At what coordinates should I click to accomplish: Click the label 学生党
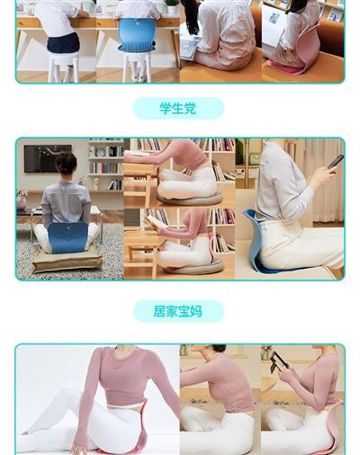[x=177, y=108]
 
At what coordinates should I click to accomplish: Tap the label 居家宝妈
[x=177, y=311]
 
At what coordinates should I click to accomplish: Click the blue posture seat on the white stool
[x=137, y=35]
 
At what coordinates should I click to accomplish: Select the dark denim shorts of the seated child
[x=63, y=42]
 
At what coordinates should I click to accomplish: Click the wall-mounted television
[x=48, y=158]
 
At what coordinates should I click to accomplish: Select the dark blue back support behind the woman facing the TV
[x=67, y=237]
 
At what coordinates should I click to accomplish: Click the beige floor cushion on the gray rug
[x=67, y=260]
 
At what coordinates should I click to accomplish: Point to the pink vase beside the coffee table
[x=22, y=200]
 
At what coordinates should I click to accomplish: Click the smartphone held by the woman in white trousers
[x=336, y=162]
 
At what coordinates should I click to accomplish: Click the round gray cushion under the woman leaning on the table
[x=190, y=199]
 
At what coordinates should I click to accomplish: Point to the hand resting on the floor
[x=78, y=450]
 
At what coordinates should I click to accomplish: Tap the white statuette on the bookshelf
[x=96, y=183]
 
